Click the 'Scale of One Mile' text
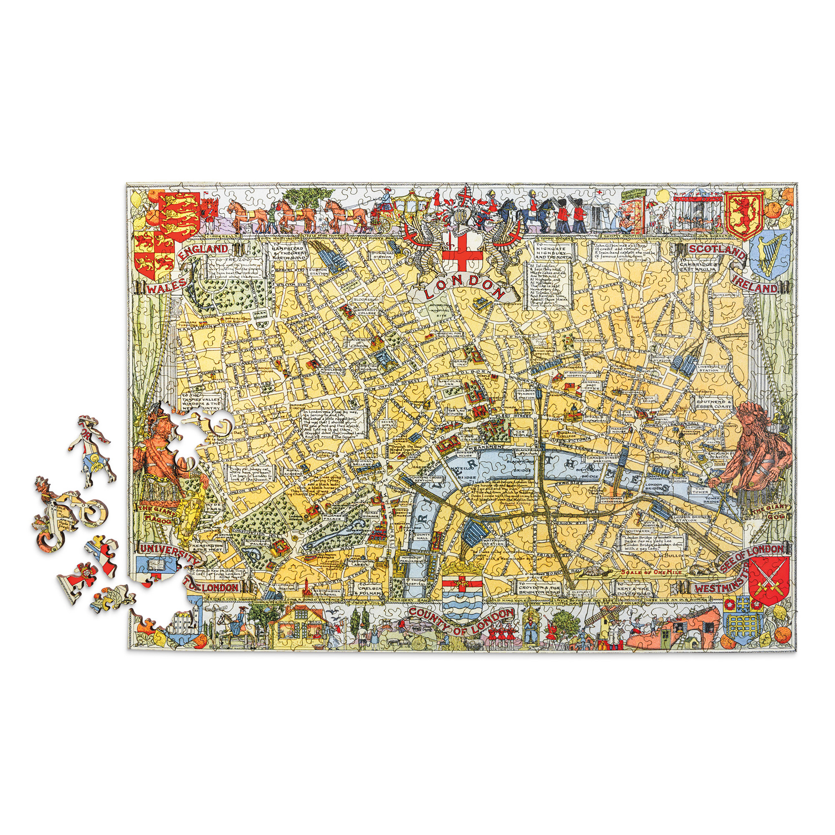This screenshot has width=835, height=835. pos(652,572)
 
